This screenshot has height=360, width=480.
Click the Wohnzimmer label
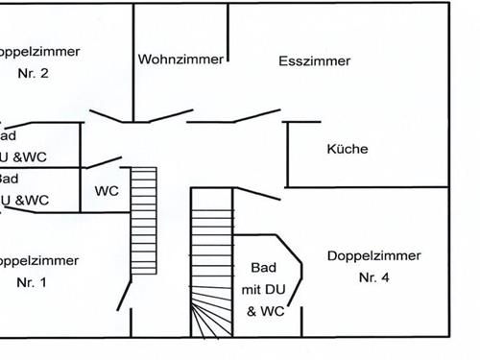[x=180, y=59]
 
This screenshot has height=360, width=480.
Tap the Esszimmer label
[x=315, y=60]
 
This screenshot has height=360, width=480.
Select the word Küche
[x=348, y=149]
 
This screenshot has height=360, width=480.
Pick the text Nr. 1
[x=32, y=282]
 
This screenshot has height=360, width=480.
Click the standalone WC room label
[x=107, y=190]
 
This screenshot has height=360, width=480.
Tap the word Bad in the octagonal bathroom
[x=263, y=267]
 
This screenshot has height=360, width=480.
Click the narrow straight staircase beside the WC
[x=143, y=221]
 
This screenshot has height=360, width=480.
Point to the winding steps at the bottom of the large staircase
[x=211, y=317]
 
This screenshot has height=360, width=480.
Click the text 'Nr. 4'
[x=374, y=277]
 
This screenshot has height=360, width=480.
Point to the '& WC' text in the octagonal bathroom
[x=264, y=311]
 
